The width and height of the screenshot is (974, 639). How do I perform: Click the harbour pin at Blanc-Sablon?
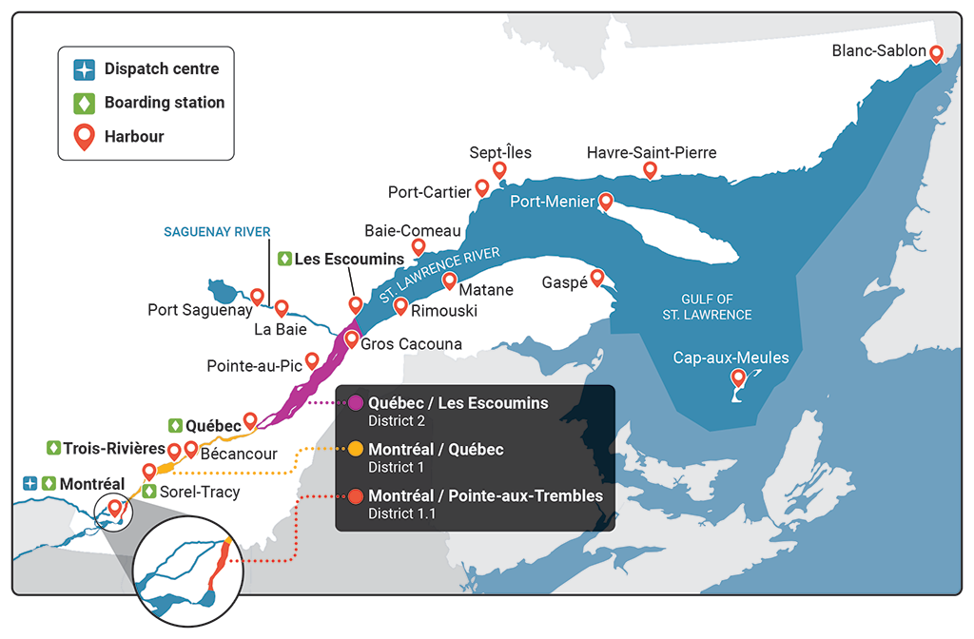click(936, 53)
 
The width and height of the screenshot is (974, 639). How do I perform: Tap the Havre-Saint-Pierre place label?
click(651, 152)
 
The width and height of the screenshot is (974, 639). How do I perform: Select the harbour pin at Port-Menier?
click(605, 201)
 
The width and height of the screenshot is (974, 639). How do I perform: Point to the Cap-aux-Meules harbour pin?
click(738, 378)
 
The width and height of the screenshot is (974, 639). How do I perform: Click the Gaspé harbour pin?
click(597, 277)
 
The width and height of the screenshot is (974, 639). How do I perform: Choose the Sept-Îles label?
click(500, 152)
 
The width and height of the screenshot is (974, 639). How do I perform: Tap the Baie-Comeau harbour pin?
click(418, 247)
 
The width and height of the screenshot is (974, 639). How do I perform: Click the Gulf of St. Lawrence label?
click(716, 306)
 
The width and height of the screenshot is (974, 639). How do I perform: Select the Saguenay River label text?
click(217, 231)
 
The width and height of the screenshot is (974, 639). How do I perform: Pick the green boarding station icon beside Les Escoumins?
click(283, 259)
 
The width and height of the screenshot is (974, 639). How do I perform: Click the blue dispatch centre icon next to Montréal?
click(29, 483)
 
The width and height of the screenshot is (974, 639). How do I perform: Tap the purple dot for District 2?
click(355, 402)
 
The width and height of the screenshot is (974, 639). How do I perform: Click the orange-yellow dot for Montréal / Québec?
click(355, 448)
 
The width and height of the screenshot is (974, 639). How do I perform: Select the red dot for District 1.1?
click(355, 495)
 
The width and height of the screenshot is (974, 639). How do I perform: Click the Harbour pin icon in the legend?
click(85, 136)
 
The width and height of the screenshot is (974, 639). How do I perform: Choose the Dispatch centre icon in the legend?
click(85, 69)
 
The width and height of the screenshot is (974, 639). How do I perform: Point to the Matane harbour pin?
click(449, 281)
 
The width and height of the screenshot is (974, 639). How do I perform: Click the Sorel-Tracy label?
click(200, 492)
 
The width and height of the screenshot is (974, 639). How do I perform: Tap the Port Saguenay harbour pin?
click(256, 297)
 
